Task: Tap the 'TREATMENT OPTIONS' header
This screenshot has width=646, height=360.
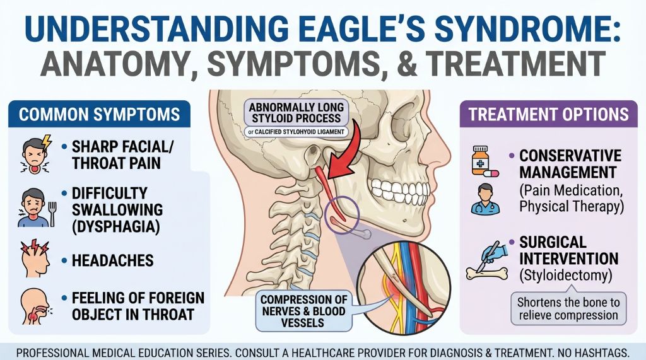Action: [x=548, y=114]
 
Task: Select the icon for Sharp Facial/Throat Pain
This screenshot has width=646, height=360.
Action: [x=32, y=156]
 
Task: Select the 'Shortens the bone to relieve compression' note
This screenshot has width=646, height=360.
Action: [x=568, y=308]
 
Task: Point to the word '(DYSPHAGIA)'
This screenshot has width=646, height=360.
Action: [x=116, y=224]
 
